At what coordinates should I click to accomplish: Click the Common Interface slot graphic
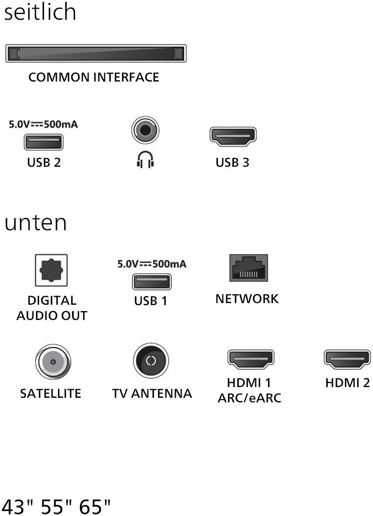pyautogui.click(x=96, y=54)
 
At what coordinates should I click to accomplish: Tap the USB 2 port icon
pyautogui.click(x=44, y=142)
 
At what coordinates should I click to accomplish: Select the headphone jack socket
pyautogui.click(x=145, y=131)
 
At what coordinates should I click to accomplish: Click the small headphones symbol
pyautogui.click(x=145, y=160)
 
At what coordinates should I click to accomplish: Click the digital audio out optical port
pyautogui.click(x=51, y=270)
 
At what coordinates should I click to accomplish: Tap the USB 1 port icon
pyautogui.click(x=152, y=282)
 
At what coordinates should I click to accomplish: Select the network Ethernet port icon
pyautogui.click(x=248, y=268)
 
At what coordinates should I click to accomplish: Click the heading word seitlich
pyautogui.click(x=40, y=12)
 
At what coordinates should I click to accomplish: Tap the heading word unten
pyautogui.click(x=36, y=223)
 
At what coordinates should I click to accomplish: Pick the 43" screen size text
pyautogui.click(x=18, y=506)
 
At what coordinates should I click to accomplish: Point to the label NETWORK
pyautogui.click(x=247, y=299)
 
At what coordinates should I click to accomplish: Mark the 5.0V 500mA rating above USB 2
pyautogui.click(x=44, y=124)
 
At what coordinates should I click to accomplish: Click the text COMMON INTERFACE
pyautogui.click(x=93, y=77)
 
